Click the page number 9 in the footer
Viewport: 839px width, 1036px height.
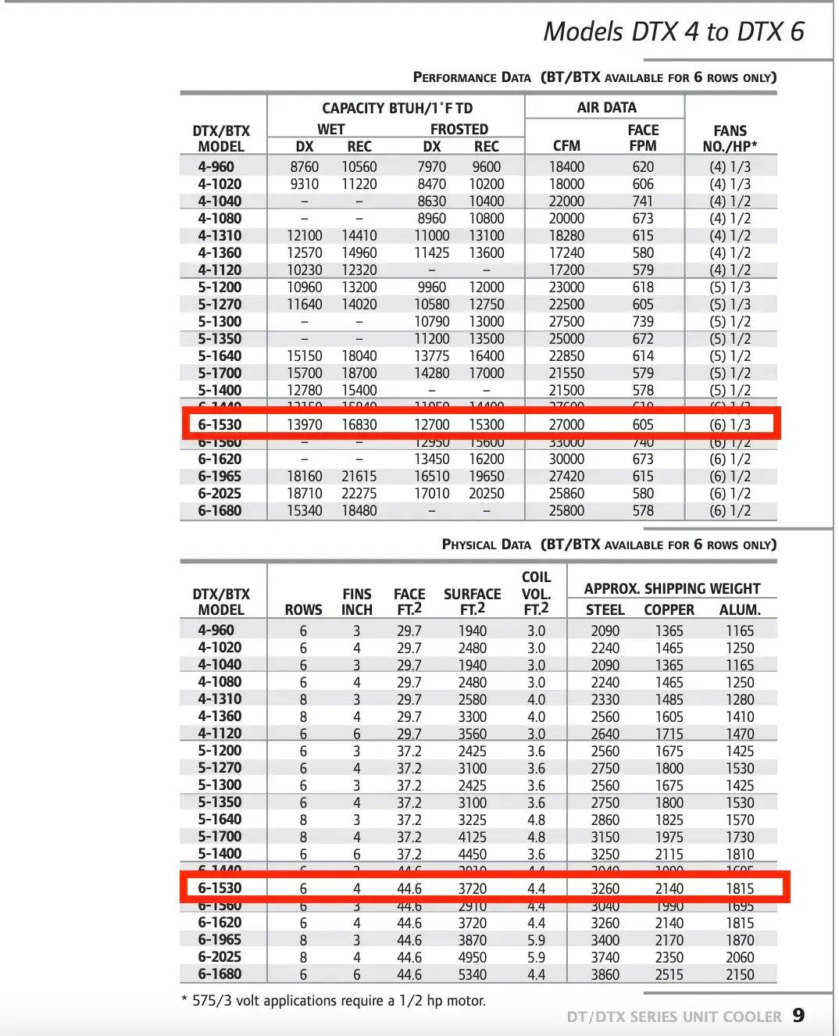(798, 1015)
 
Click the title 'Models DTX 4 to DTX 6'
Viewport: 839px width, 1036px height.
(673, 31)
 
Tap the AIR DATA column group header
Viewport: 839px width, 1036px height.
(606, 108)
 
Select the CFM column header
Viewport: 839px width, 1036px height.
(566, 146)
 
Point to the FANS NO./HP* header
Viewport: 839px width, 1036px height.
(730, 138)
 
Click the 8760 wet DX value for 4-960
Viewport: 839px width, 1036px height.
(304, 167)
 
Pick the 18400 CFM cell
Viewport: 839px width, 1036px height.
(566, 167)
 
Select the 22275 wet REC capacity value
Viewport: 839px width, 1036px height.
(359, 494)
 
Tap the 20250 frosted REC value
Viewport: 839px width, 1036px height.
(486, 494)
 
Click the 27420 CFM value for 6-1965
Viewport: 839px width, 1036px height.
(566, 477)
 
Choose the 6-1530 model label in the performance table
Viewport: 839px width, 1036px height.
(220, 425)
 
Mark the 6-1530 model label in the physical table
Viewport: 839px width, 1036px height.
(220, 888)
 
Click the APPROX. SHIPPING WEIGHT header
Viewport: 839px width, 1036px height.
(672, 589)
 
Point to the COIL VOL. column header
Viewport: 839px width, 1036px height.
(536, 593)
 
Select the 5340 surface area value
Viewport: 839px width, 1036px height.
(472, 975)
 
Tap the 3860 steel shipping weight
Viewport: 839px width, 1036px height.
(605, 975)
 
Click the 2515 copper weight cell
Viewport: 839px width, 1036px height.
(669, 975)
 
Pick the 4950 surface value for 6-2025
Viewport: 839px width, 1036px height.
(472, 958)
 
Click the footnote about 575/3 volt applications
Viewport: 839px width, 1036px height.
(334, 1001)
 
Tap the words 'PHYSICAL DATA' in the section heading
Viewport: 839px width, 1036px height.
(486, 545)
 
